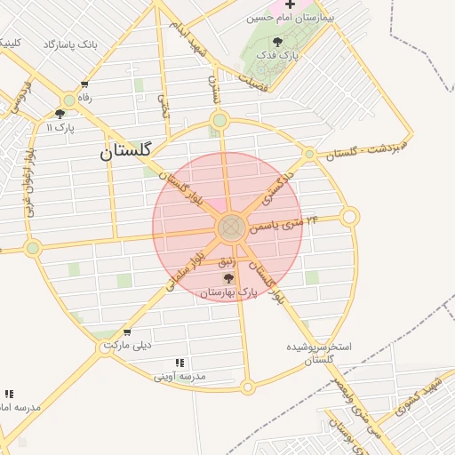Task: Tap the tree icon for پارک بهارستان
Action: click(228, 279)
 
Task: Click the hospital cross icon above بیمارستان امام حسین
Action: click(290, 4)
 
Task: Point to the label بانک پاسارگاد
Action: click(69, 44)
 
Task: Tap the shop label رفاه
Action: click(85, 98)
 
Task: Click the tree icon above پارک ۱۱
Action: click(60, 114)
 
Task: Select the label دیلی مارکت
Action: click(128, 345)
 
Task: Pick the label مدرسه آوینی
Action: click(180, 377)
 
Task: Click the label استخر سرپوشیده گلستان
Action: click(319, 352)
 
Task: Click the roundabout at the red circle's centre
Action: click(231, 227)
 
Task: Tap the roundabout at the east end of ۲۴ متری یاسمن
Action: click(350, 216)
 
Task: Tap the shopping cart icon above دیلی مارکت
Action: click(128, 332)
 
